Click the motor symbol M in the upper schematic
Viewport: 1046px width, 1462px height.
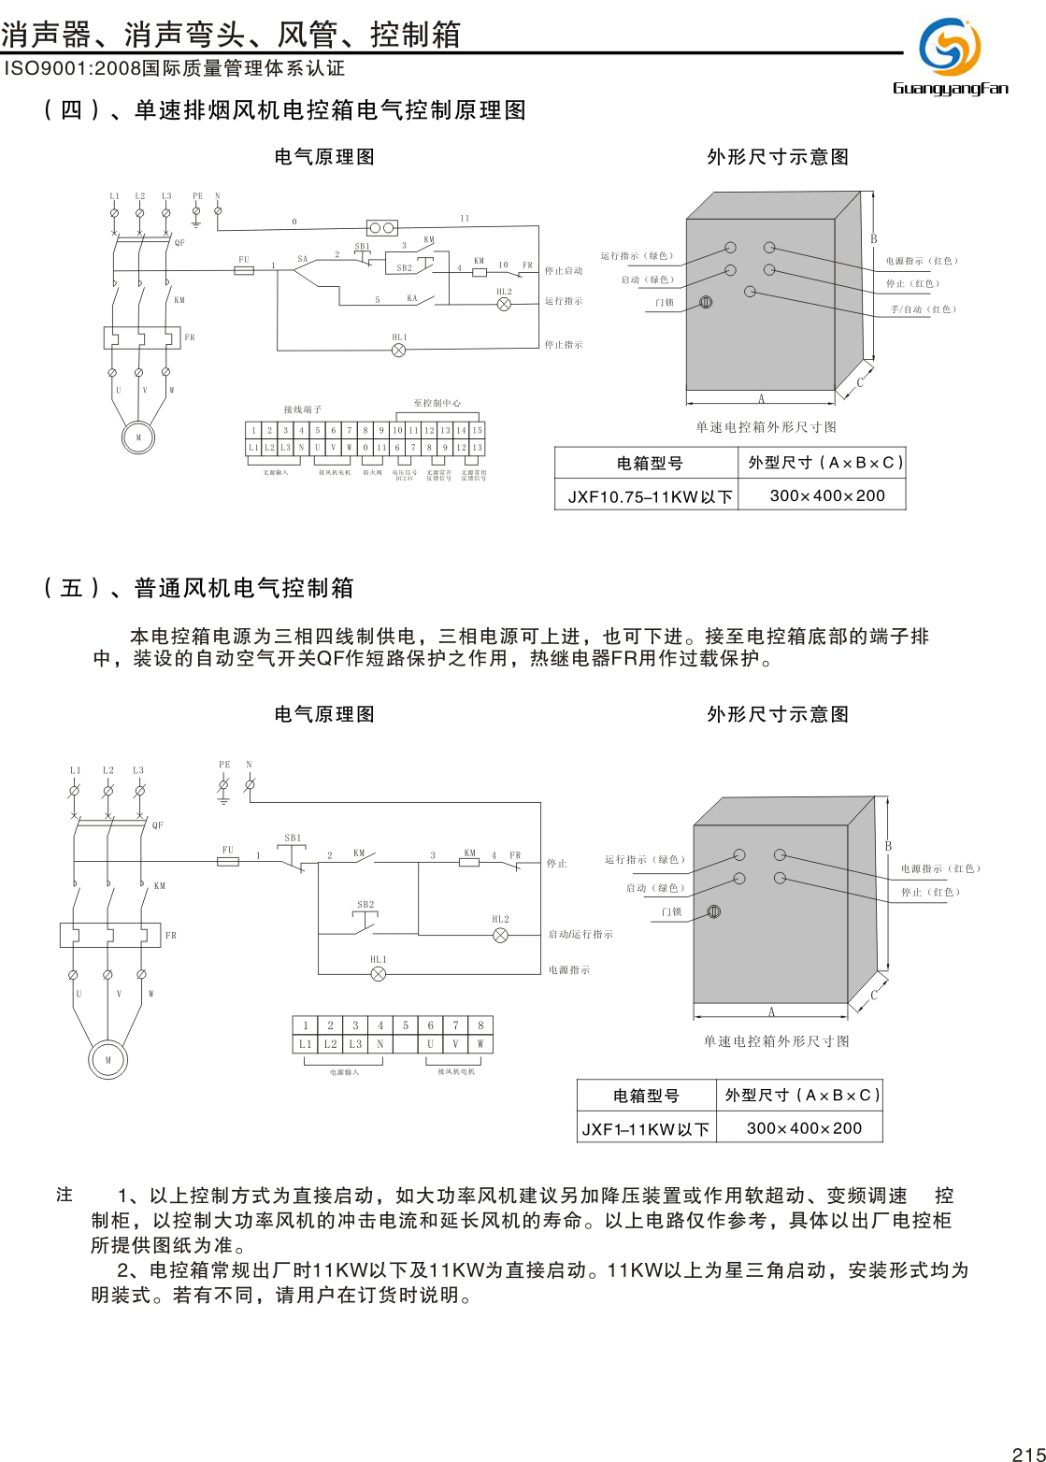tap(138, 437)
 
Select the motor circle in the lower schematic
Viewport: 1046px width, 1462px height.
tap(107, 1060)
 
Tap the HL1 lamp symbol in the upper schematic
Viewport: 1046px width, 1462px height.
tap(398, 350)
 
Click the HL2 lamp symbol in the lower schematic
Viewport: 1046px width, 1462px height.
tap(500, 935)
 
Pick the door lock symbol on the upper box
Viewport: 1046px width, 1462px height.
tap(707, 302)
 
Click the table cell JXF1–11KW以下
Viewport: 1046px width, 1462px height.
tap(646, 1128)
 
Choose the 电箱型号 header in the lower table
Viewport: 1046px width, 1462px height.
tap(646, 1096)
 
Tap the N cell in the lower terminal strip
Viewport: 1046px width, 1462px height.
tap(380, 1044)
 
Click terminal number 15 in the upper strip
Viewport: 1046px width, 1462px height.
tap(477, 430)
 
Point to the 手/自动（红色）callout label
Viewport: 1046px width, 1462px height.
tap(924, 309)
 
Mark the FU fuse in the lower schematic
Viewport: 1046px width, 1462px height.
tap(228, 861)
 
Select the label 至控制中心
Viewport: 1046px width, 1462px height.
tap(437, 404)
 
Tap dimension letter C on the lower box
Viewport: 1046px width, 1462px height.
tap(874, 995)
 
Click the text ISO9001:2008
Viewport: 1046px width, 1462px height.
tap(72, 68)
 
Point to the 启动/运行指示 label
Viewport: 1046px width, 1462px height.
tap(580, 935)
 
